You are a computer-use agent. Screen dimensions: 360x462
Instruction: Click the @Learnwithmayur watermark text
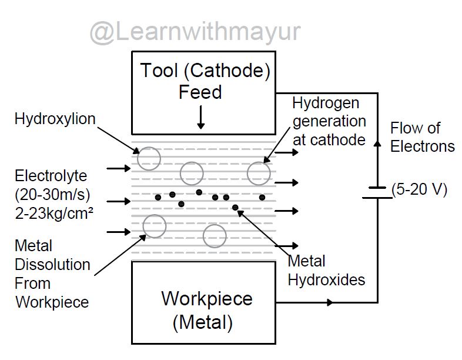tap(194, 32)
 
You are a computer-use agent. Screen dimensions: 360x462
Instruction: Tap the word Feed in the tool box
tap(200, 92)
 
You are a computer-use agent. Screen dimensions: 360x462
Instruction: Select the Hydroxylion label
tap(55, 119)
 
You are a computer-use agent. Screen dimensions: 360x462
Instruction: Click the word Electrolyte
tap(51, 175)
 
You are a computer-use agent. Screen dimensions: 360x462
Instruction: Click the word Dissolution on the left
tap(52, 264)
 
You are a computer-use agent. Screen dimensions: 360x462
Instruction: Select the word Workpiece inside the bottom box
tap(207, 298)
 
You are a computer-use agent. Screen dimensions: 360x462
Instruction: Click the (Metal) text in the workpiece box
tap(203, 322)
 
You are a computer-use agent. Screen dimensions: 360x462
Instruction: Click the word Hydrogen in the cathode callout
tap(327, 104)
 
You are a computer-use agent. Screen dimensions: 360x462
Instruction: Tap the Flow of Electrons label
tap(422, 136)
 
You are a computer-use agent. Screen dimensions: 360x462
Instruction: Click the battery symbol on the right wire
tap(376, 193)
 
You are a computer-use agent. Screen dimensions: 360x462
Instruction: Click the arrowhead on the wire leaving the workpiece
tap(330, 302)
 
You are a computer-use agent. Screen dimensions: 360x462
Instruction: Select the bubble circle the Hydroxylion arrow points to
tap(149, 158)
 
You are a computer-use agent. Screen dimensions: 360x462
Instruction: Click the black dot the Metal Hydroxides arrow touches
tap(235, 207)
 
